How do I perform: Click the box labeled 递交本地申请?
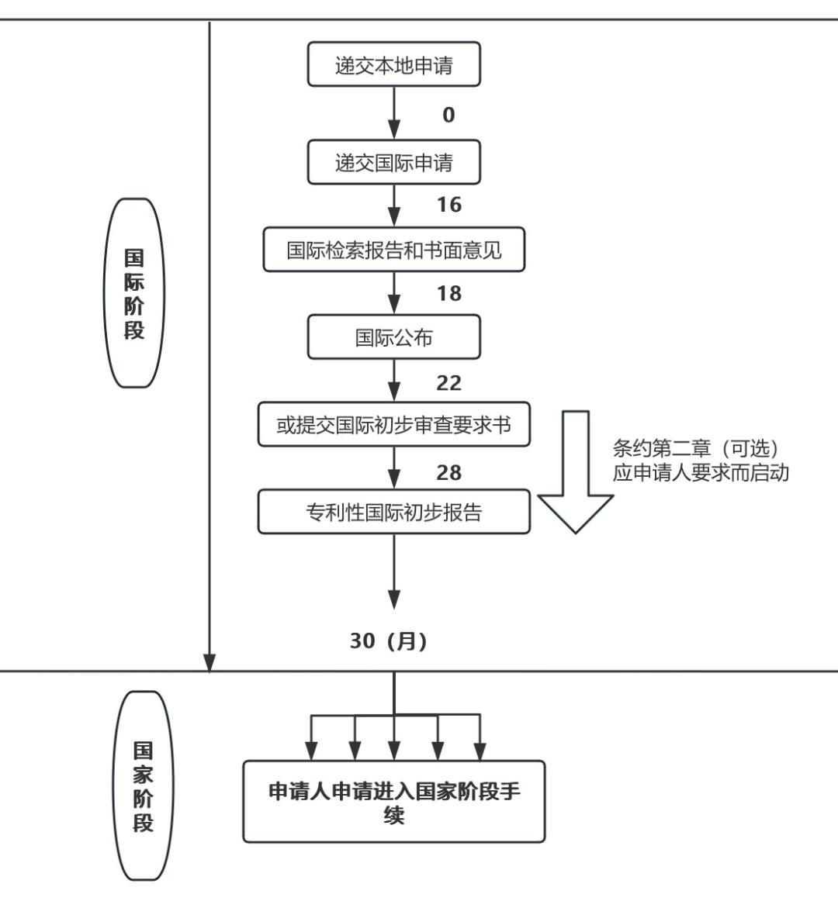(x=393, y=65)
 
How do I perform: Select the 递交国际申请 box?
(x=393, y=163)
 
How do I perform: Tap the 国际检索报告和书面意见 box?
(x=393, y=250)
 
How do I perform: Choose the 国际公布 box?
(x=393, y=337)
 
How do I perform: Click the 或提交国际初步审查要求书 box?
(x=393, y=424)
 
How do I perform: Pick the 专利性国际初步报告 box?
(x=393, y=512)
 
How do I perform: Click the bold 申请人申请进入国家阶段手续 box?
(x=393, y=802)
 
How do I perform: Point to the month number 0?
(x=448, y=116)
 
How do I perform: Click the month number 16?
(x=448, y=205)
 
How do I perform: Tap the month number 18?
(x=448, y=294)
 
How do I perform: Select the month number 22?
(x=448, y=383)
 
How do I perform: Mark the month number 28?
(x=448, y=472)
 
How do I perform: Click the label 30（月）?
(x=388, y=641)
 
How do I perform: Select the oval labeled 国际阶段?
(x=134, y=293)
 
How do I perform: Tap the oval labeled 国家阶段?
(x=143, y=785)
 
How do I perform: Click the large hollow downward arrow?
(x=575, y=473)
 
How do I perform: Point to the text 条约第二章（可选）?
(x=695, y=449)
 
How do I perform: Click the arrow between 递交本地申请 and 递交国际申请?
(x=394, y=112)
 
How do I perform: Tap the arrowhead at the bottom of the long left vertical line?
(x=209, y=662)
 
